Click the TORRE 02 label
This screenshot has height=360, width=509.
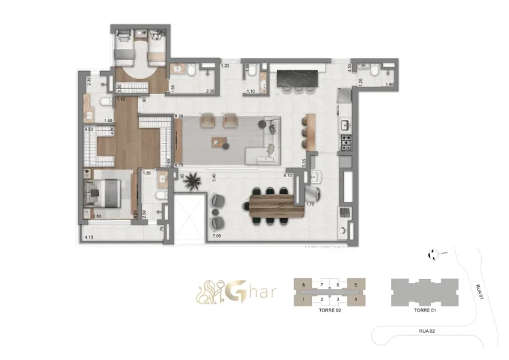329,310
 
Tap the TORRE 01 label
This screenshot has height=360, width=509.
424,310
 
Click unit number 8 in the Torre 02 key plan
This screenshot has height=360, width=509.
303,284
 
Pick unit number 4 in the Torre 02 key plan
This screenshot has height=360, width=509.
357,300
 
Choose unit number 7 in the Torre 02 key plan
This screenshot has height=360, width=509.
321,284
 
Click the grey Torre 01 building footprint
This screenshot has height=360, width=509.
424,292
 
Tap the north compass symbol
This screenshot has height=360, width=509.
433,252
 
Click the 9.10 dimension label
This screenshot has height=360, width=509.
178,117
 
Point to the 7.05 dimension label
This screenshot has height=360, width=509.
216,236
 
